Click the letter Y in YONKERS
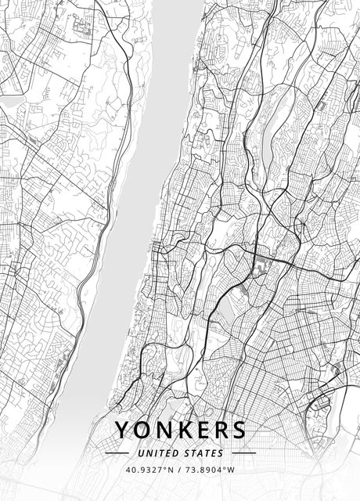click(123, 431)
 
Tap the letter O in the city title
click(143, 431)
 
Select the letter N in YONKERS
click(164, 431)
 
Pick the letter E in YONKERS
click(200, 431)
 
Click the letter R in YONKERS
click(218, 431)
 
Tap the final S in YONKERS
click(237, 431)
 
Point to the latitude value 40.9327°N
click(149, 470)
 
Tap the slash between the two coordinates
click(180, 470)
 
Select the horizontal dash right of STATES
click(244, 453)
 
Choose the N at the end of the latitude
click(171, 470)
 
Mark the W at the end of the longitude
click(232, 470)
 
